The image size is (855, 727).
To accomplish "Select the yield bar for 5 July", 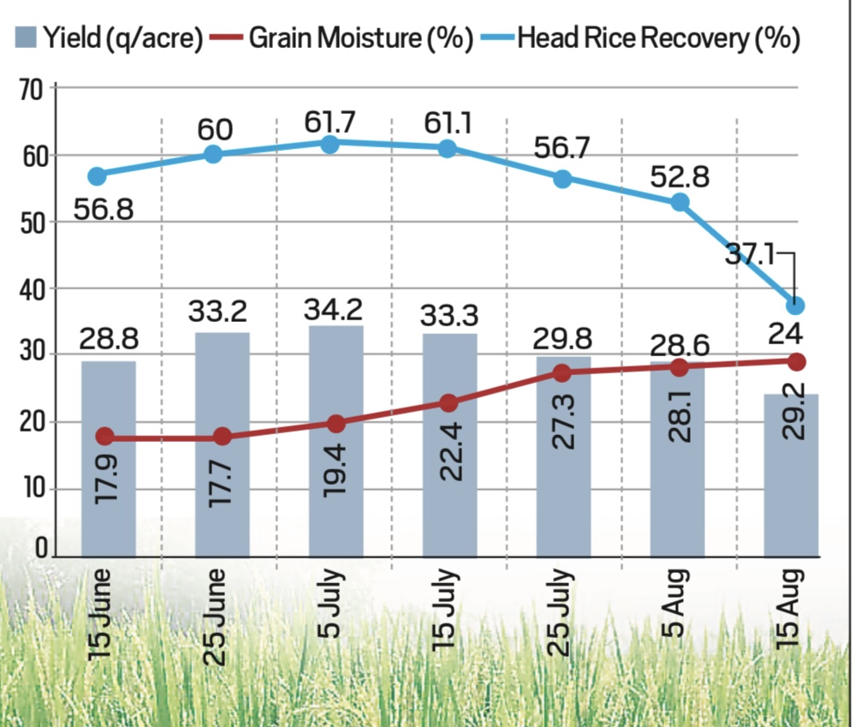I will coord(336,440).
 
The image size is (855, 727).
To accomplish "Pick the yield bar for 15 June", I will coord(108,458).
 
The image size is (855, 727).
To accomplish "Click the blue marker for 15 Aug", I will coord(796,306).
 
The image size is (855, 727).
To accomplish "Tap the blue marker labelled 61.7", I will coord(330,144).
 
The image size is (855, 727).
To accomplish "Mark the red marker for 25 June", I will coord(223,436).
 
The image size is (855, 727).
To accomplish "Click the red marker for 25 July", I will coord(562,373).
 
